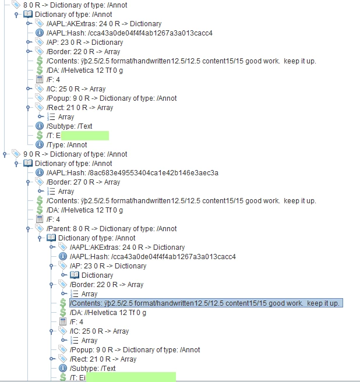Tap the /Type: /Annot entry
(x=66, y=145)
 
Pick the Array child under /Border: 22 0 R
(x=89, y=294)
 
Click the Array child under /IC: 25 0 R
(x=89, y=341)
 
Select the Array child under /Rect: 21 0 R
(x=66, y=117)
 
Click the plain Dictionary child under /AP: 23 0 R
(x=97, y=275)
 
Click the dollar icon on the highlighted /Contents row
(x=63, y=303)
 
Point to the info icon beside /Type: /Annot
(x=40, y=144)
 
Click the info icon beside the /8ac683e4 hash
(x=40, y=173)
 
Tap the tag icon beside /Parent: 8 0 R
(x=40, y=229)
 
